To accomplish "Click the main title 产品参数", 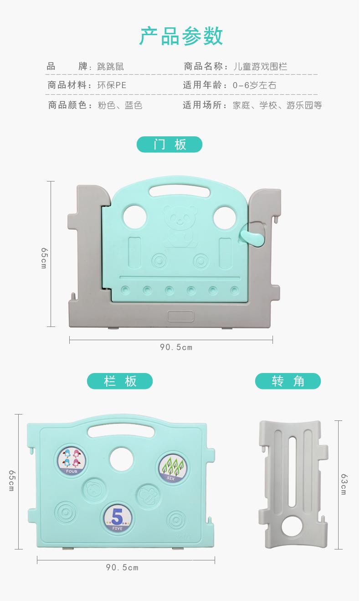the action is click(x=181, y=36).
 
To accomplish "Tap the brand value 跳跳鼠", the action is click(x=110, y=67).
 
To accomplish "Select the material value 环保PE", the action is click(x=112, y=85).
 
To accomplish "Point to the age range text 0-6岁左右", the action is click(x=254, y=85).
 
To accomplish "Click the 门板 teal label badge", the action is click(x=170, y=145).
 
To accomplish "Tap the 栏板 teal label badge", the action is click(x=120, y=381).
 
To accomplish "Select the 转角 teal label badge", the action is click(x=288, y=381).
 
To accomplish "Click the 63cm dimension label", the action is click(x=344, y=484).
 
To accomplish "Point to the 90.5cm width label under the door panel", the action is click(x=176, y=347).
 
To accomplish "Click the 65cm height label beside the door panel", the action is click(x=44, y=258).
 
